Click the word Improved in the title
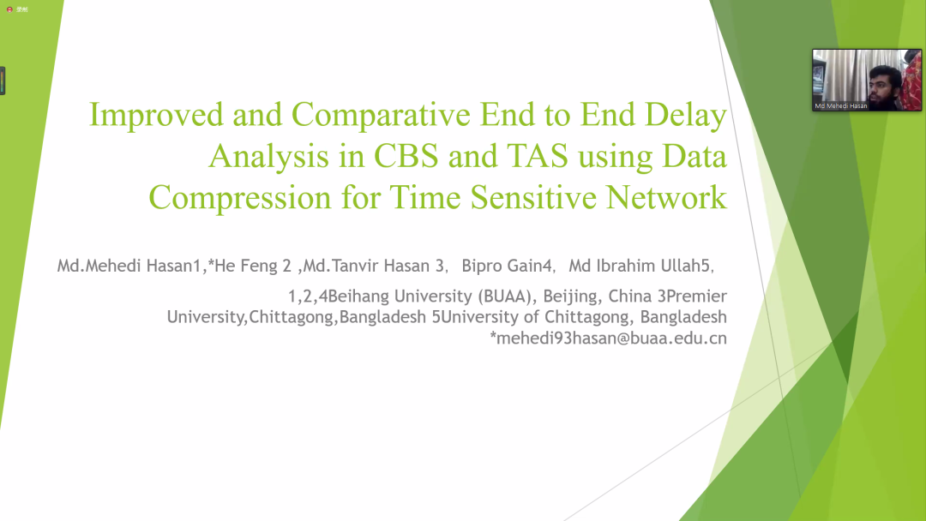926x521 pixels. coord(157,115)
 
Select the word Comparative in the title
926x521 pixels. coord(381,115)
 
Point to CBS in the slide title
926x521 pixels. coord(406,156)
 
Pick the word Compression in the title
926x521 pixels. coord(240,198)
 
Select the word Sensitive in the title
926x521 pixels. coord(533,197)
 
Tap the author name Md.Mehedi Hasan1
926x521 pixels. coord(129,266)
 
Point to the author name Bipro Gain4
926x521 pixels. coord(507,266)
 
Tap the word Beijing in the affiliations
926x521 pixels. coord(570,296)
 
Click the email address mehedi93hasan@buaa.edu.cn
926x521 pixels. coord(611,338)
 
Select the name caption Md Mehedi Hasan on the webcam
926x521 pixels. coord(841,105)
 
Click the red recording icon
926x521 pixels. coord(9,9)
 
